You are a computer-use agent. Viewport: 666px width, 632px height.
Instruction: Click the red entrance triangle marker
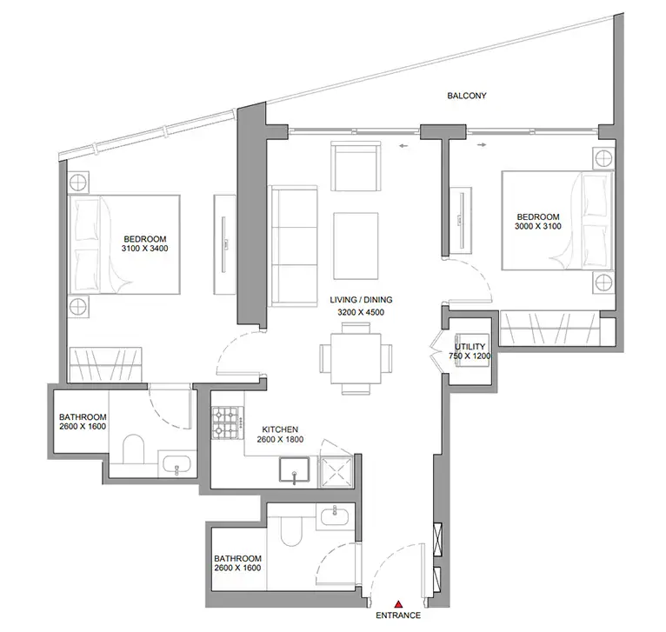tap(398, 604)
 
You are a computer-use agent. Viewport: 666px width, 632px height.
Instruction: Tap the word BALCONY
tap(466, 96)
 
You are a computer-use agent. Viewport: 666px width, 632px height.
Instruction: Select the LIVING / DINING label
tap(361, 299)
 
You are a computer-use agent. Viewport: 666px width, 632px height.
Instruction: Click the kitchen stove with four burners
tap(228, 423)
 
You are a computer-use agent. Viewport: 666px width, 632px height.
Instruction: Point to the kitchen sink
tap(294, 469)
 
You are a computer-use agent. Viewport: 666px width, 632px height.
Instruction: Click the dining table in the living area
tap(356, 358)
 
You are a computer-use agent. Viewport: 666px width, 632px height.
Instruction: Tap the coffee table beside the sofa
tap(356, 246)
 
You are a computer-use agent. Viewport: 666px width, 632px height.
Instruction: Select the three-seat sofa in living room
tap(293, 245)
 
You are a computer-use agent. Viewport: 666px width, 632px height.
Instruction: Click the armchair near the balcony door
tap(356, 166)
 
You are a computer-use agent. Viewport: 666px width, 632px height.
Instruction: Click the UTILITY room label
tap(470, 347)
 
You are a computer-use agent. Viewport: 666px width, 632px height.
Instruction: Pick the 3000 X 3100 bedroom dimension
tap(537, 226)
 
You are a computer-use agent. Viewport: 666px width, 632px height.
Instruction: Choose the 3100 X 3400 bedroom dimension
tap(145, 249)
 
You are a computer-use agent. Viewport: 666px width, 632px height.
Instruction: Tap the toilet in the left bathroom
tap(133, 449)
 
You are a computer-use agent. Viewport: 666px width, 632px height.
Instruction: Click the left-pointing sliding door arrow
tap(403, 146)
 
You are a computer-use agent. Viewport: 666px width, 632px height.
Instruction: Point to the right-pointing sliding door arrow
tap(482, 145)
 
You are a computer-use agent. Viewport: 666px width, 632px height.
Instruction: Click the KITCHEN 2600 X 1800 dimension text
tap(280, 440)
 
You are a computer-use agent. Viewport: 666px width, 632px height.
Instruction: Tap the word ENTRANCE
tap(398, 615)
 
